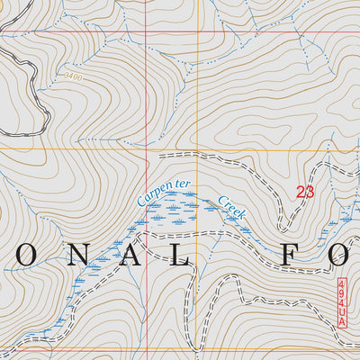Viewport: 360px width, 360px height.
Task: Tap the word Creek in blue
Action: point(231,207)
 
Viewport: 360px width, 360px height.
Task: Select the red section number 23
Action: point(305,191)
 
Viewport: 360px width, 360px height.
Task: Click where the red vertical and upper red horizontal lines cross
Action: point(148,31)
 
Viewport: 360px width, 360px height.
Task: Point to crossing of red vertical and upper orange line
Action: point(148,149)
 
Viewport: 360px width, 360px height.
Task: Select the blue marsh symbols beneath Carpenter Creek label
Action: point(175,214)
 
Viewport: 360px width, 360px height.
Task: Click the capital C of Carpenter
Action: point(141,199)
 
